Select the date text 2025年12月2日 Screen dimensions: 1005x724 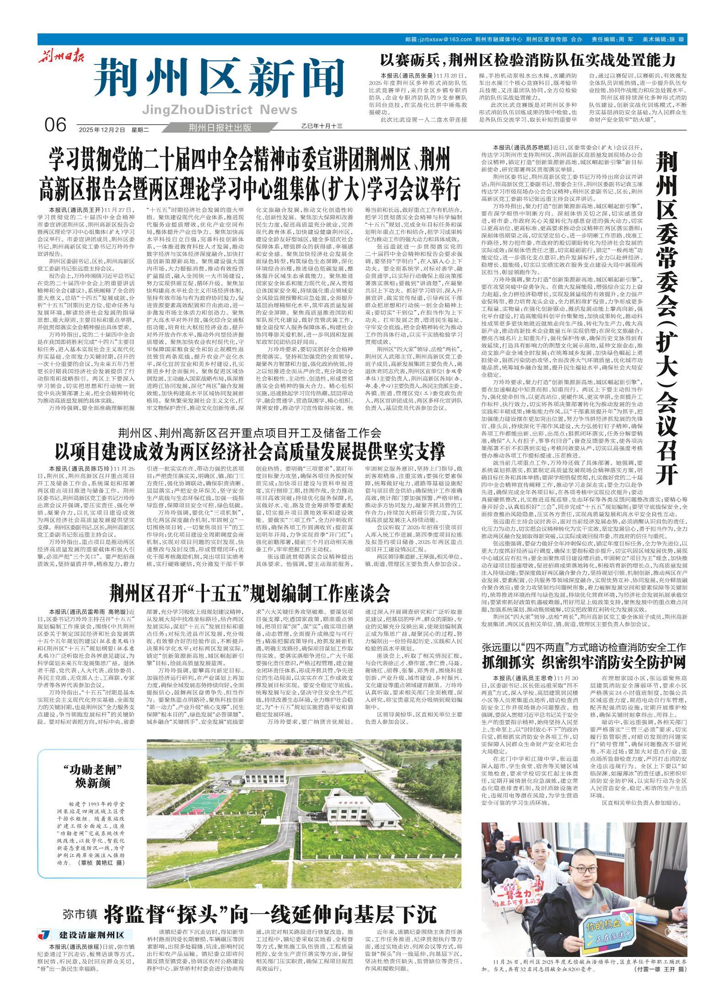[x=102, y=129]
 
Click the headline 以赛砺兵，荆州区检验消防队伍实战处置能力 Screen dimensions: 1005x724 [x=528, y=59]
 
